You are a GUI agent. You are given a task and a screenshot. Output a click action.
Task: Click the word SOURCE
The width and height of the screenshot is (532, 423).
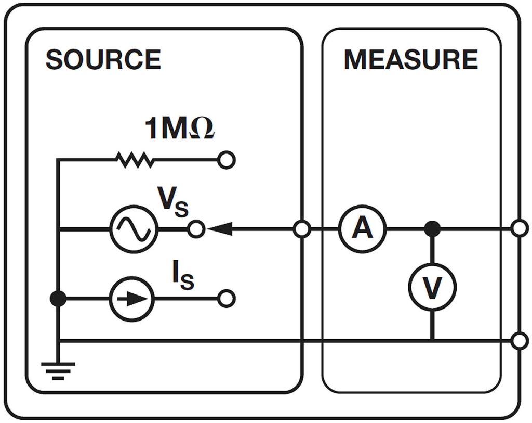point(103,60)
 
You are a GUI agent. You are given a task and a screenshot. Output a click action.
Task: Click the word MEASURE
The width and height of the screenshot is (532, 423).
point(410,60)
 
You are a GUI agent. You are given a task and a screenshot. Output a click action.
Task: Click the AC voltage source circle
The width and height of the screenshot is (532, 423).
point(134,228)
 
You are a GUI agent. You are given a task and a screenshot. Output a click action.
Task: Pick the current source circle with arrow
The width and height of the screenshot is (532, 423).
point(131,299)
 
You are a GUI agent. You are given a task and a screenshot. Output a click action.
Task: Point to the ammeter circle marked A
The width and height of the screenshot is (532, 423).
point(362,228)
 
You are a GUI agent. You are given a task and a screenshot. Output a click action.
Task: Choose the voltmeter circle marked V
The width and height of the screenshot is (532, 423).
point(431,287)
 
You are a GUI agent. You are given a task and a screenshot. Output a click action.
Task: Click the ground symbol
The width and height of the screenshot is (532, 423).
point(59,370)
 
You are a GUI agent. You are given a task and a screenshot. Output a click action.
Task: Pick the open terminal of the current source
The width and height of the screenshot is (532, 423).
point(227,299)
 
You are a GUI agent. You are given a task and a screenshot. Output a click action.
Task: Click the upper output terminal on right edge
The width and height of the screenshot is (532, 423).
point(519,228)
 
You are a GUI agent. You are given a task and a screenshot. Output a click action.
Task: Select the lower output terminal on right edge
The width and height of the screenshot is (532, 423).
point(519,341)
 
